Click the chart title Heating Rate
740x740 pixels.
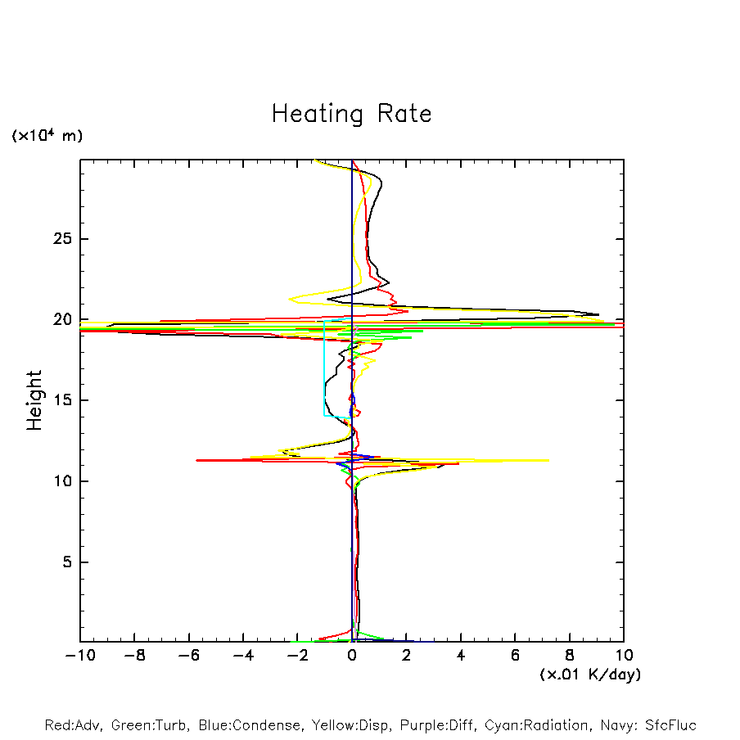tap(351, 114)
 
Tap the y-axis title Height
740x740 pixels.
tap(34, 400)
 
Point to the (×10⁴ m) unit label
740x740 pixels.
tap(47, 136)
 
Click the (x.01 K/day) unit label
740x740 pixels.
tap(590, 675)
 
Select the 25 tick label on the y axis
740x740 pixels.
tap(63, 239)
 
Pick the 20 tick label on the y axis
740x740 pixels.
tap(63, 320)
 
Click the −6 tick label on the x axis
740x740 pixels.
tap(187, 656)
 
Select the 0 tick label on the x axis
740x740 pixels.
tap(352, 656)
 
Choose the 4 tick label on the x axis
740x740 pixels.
tap(461, 656)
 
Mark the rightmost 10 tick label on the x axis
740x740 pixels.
tap(623, 656)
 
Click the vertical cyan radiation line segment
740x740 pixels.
tap(324, 368)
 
